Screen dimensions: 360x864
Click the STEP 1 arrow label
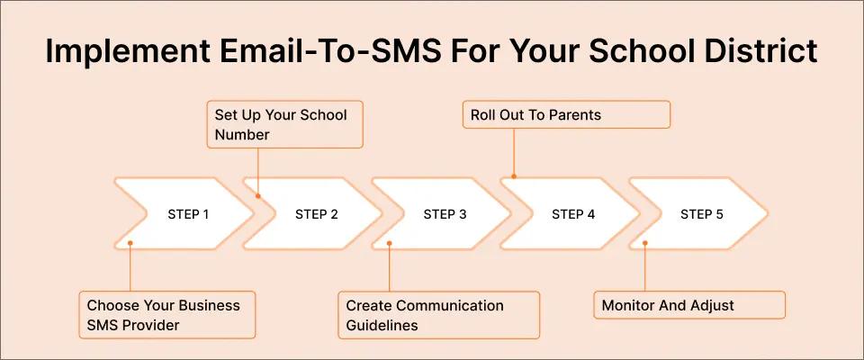tap(188, 214)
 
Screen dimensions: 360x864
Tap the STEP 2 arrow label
tap(317, 214)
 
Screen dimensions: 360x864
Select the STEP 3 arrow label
tap(445, 214)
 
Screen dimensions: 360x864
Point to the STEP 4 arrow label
tap(573, 214)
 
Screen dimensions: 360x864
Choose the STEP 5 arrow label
tap(702, 214)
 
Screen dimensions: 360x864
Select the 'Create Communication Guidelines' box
tap(438, 315)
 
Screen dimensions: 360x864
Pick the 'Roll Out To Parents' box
tap(567, 115)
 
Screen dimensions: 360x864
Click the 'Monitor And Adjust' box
tap(689, 305)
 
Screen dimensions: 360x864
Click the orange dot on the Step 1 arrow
tap(130, 243)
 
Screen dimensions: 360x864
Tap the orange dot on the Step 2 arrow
tap(258, 193)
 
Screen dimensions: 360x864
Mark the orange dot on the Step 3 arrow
tap(389, 243)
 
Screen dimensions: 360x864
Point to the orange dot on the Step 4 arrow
tap(514, 176)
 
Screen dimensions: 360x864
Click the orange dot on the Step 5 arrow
tap(645, 243)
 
